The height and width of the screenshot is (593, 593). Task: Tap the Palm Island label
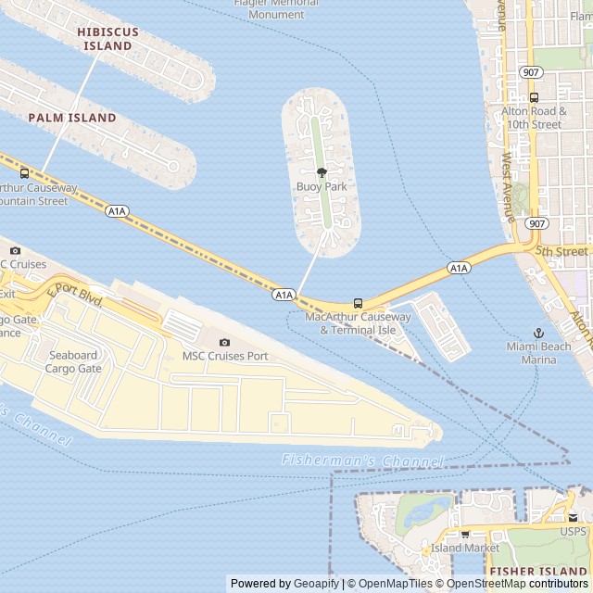tap(72, 118)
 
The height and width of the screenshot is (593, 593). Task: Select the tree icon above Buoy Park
tap(322, 172)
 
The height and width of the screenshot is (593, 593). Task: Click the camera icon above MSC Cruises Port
tap(224, 343)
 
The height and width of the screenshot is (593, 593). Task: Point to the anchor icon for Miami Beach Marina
tap(538, 333)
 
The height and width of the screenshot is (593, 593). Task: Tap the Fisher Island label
tap(539, 571)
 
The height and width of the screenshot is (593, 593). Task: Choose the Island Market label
tap(465, 548)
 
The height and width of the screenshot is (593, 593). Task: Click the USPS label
tap(573, 531)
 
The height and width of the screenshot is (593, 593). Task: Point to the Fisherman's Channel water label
tap(362, 461)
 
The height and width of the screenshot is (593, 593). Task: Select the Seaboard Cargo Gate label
tap(73, 361)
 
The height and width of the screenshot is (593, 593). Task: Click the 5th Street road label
tap(561, 251)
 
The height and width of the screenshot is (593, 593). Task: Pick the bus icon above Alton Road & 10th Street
tap(534, 97)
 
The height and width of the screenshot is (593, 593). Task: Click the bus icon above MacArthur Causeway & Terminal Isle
tap(358, 303)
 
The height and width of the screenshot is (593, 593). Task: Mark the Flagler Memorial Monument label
tap(276, 8)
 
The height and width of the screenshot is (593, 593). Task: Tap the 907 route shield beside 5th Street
tap(536, 223)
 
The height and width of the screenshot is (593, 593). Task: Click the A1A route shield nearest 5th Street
tap(459, 268)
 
